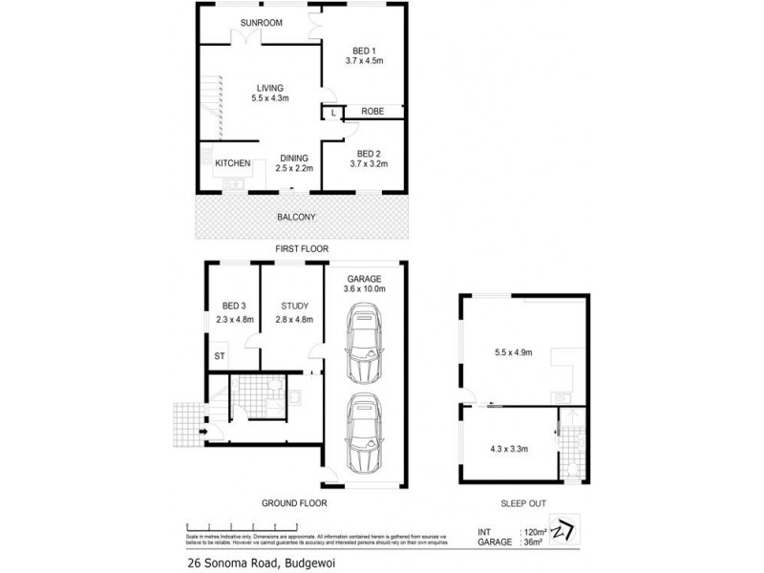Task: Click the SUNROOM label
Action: [x=261, y=23]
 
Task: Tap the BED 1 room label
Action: [x=364, y=50]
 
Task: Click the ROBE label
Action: [x=372, y=112]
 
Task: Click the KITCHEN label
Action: [x=232, y=163]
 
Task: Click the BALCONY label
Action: [x=296, y=218]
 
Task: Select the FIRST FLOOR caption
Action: [x=302, y=248]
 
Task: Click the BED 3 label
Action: [x=234, y=306]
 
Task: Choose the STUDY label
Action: [x=294, y=306]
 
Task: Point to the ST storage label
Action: [x=219, y=356]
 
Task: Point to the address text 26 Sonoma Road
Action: [x=235, y=562]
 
